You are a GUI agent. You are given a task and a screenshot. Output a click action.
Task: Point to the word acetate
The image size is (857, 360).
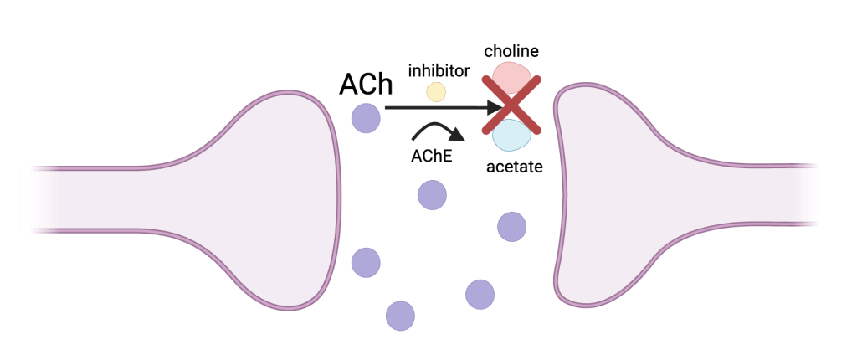pos(515,167)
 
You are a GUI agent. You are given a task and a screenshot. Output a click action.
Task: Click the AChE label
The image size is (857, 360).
pos(432,155)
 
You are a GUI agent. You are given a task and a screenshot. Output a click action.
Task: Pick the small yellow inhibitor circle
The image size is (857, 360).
pos(436,91)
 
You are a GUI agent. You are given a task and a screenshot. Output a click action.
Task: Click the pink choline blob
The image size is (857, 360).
pos(511,77)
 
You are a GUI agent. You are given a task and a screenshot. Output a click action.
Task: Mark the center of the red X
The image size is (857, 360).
pos(511,105)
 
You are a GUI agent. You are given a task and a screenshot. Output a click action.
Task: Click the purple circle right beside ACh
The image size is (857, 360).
pos(366,117)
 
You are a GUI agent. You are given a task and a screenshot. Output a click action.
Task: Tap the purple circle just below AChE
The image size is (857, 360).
pos(433,195)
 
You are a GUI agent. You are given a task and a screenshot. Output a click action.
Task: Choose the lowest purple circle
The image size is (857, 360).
pos(400,316)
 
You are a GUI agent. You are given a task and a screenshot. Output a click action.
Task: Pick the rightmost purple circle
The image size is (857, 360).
pos(511,226)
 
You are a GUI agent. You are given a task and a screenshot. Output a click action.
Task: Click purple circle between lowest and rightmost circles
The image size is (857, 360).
pos(480,293)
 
